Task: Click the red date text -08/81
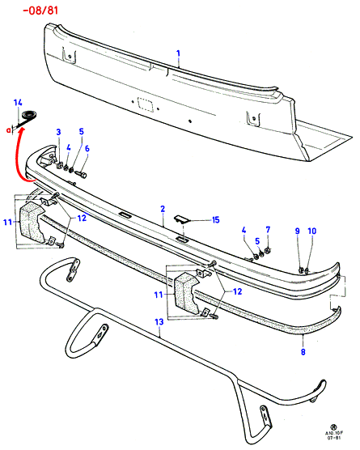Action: tap(40, 11)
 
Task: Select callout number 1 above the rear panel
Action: tap(179, 53)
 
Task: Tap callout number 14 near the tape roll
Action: tap(18, 103)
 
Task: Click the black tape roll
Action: tap(29, 115)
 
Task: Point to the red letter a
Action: tap(9, 130)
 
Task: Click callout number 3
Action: tap(58, 132)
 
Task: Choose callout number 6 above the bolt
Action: tap(87, 148)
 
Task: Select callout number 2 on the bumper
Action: tap(163, 209)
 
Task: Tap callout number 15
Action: tap(216, 220)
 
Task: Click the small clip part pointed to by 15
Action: tap(181, 219)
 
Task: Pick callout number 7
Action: tap(268, 230)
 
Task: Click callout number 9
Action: tap(298, 231)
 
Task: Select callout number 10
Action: tap(311, 231)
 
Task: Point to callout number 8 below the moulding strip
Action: tap(303, 351)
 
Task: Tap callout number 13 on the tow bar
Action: tap(159, 321)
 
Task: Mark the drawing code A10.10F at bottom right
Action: tap(334, 433)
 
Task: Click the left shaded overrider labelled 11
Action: tap(31, 221)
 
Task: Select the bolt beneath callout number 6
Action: tap(81, 174)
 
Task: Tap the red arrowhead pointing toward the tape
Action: tap(22, 131)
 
